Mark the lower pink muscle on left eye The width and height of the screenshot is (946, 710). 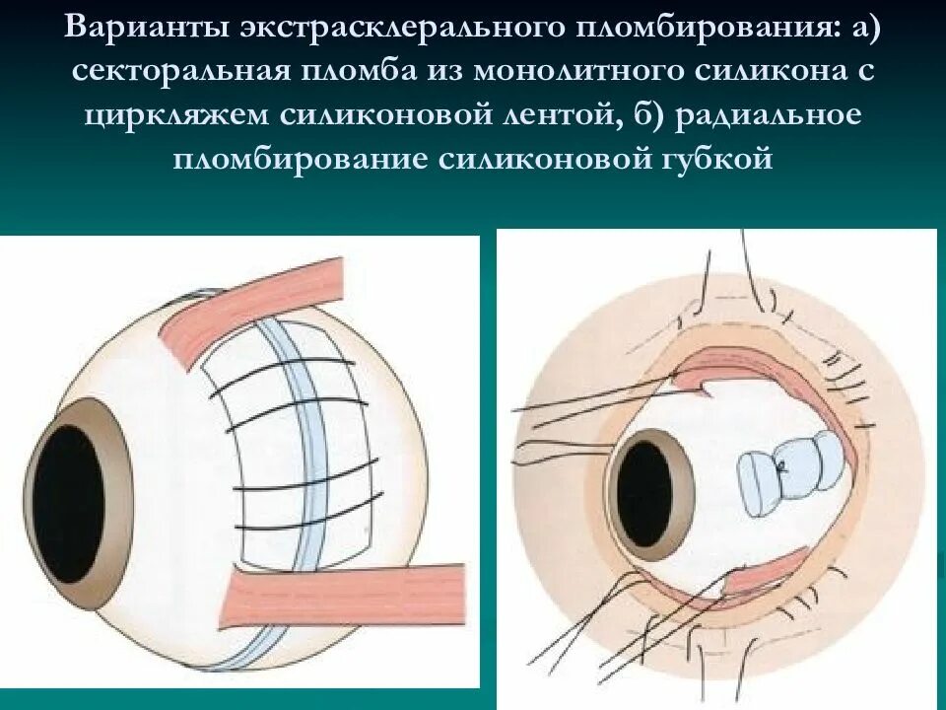point(345,596)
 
